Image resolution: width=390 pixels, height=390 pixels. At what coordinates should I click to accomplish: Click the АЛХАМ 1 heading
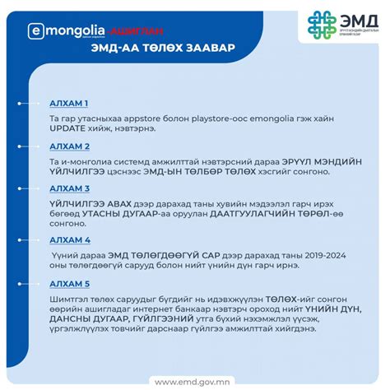(69, 103)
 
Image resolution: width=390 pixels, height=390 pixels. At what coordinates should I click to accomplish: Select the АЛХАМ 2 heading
(69, 146)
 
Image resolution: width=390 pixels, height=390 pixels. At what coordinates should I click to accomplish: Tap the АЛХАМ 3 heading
(69, 188)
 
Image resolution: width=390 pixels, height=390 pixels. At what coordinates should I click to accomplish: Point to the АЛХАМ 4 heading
(69, 240)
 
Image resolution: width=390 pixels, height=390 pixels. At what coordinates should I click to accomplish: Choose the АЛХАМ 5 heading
(69, 284)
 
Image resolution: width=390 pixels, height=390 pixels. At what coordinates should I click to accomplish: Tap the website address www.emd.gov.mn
(195, 381)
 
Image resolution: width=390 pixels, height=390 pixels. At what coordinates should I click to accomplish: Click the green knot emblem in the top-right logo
(323, 26)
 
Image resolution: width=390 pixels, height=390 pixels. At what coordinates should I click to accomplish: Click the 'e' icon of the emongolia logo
(35, 30)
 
